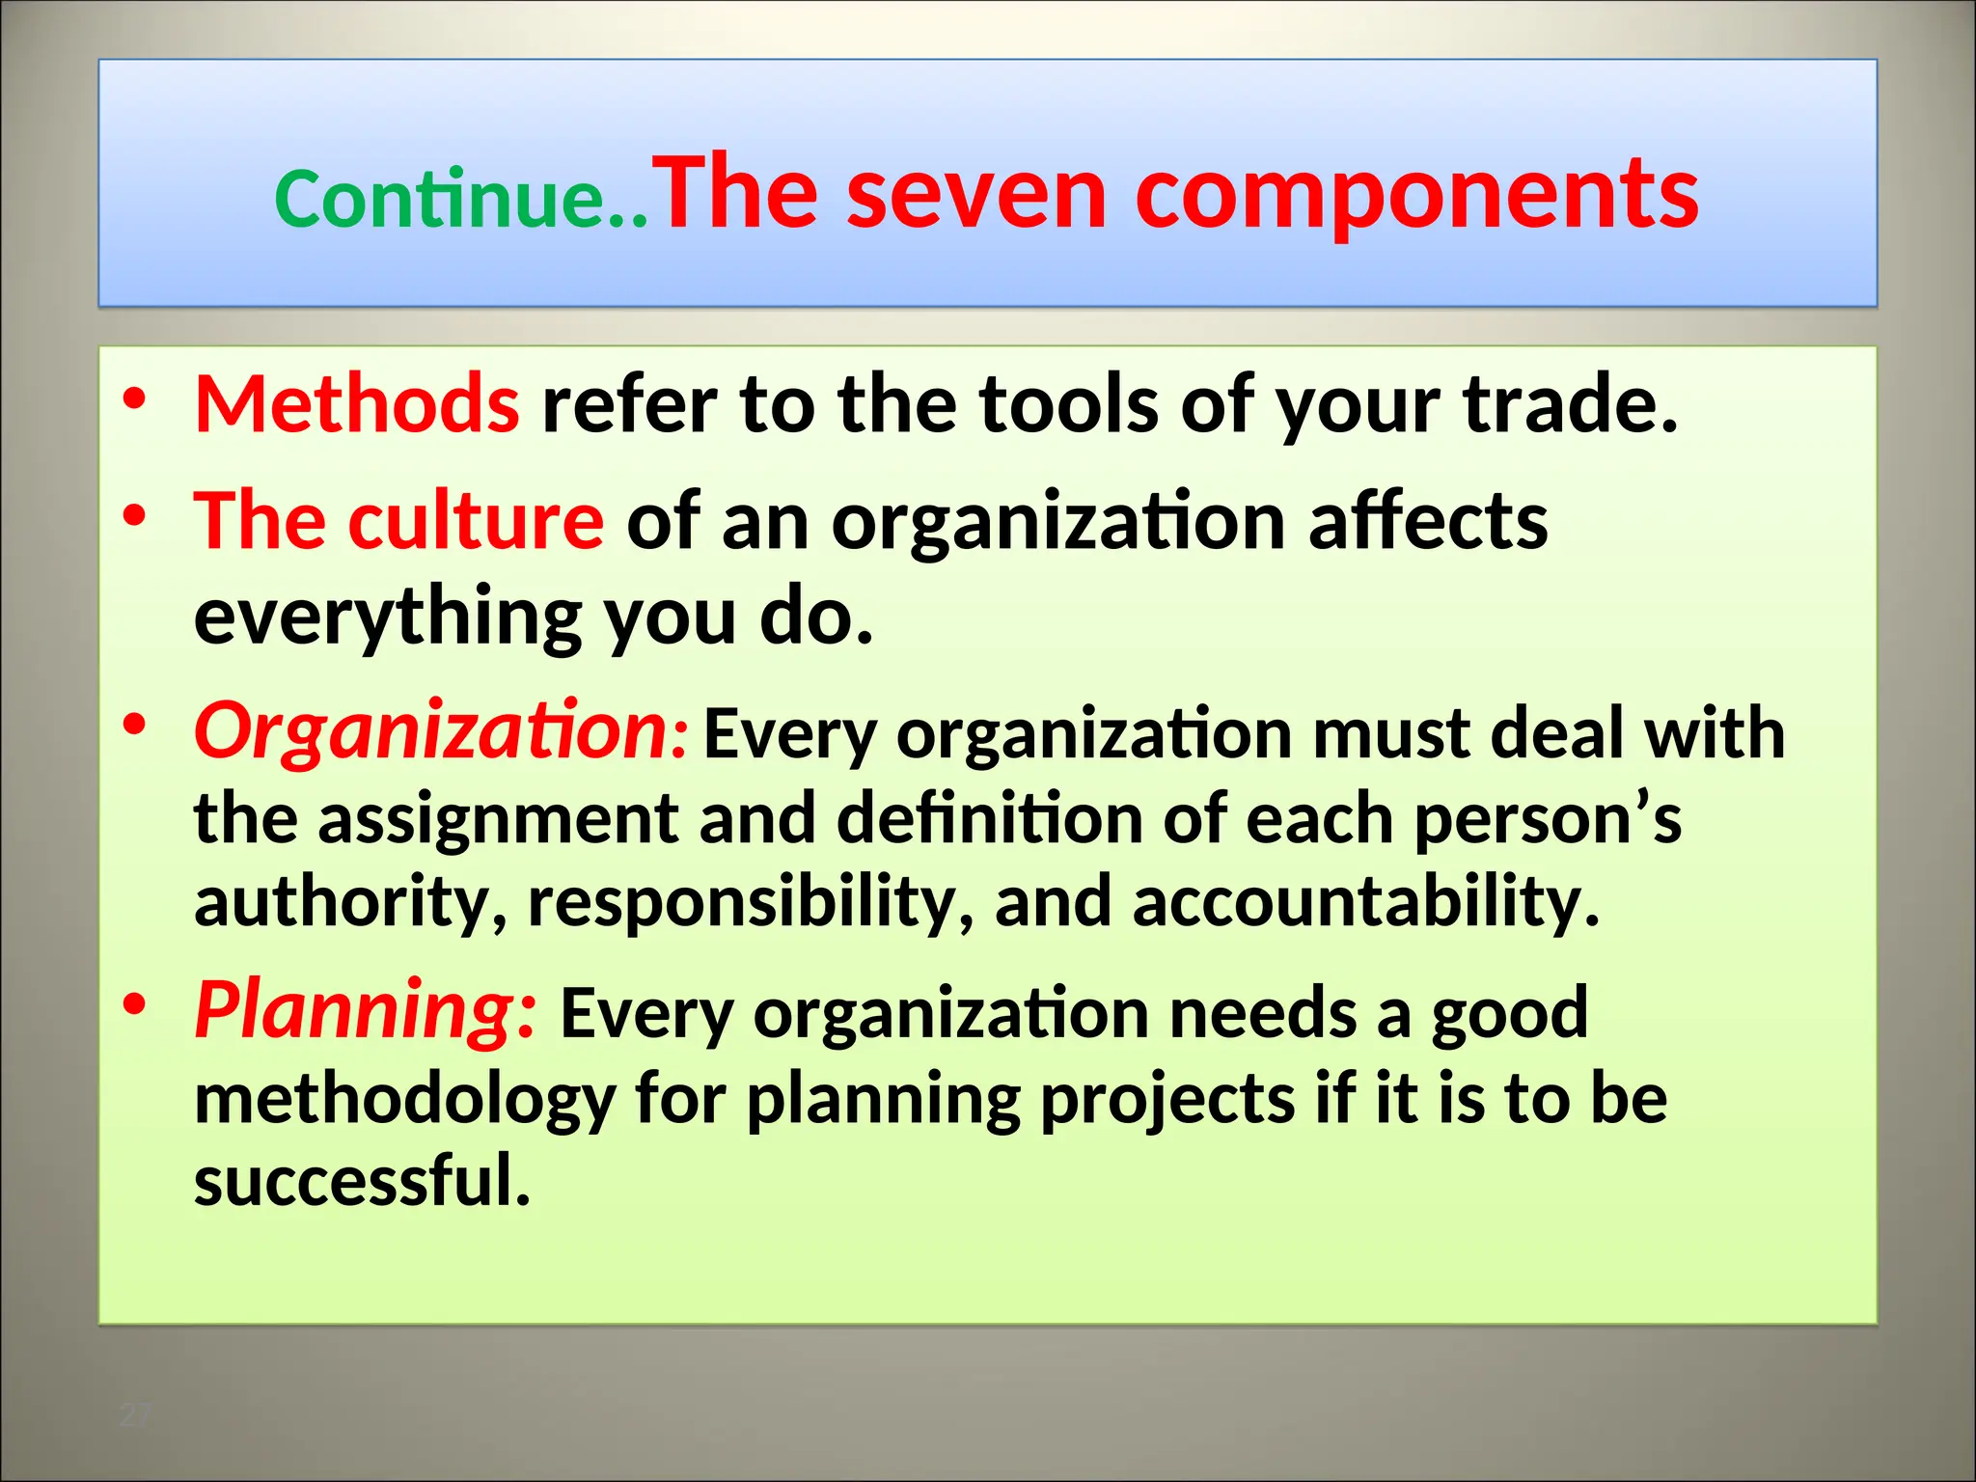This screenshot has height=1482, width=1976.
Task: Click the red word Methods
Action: tap(357, 403)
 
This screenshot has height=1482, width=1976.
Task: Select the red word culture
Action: tap(476, 521)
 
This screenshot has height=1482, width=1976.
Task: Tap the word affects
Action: tap(1428, 521)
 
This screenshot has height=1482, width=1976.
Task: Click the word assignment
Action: tap(498, 818)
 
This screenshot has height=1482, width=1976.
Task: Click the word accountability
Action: tap(1365, 902)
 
